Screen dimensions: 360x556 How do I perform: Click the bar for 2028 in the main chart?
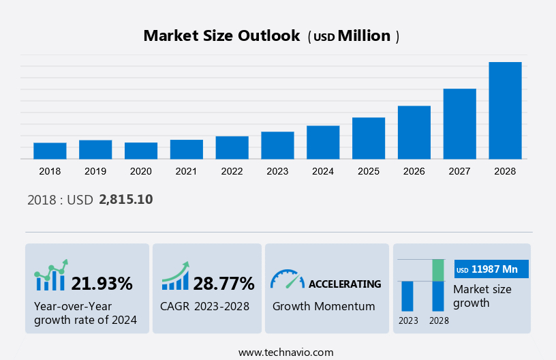(505, 110)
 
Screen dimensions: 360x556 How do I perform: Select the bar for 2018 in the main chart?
(50, 151)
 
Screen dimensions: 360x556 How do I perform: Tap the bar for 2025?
(369, 138)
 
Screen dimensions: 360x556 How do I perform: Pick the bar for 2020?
(141, 151)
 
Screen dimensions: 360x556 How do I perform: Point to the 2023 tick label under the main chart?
(277, 171)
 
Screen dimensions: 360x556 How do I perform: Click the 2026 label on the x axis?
(414, 171)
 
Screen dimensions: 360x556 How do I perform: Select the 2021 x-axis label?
(187, 171)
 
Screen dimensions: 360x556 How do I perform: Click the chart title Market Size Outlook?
(221, 36)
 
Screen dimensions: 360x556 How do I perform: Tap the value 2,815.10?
(125, 200)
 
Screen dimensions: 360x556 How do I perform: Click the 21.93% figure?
(102, 284)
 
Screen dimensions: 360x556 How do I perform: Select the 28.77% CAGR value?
(223, 284)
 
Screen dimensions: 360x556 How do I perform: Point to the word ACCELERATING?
(345, 284)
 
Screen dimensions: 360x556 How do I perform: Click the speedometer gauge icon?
(287, 279)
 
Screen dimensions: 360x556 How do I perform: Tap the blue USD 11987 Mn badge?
(491, 269)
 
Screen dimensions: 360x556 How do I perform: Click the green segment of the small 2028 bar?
(438, 270)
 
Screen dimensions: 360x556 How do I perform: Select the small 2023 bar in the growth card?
(407, 296)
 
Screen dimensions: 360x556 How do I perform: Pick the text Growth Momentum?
(324, 306)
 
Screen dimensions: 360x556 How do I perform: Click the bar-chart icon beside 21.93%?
(51, 276)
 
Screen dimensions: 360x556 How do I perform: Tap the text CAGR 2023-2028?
(204, 306)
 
